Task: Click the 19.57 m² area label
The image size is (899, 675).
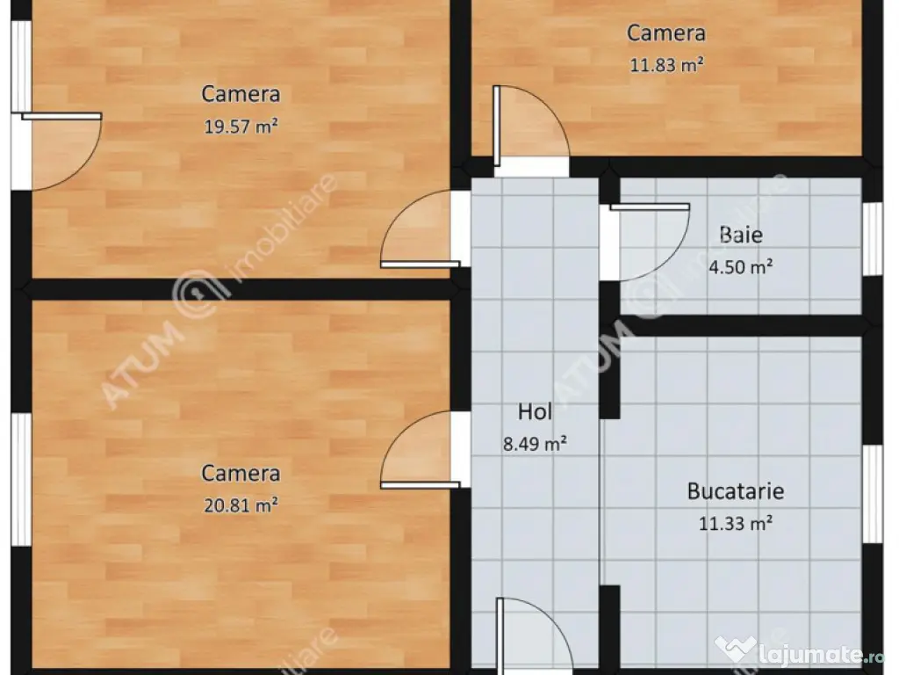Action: click(241, 126)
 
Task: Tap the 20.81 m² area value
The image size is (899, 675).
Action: click(241, 505)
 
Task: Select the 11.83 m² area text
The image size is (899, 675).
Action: click(667, 64)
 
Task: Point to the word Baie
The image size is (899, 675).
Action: click(741, 235)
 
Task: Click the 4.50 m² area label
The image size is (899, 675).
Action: click(741, 267)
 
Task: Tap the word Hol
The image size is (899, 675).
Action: click(535, 411)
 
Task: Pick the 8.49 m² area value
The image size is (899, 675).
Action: click(535, 443)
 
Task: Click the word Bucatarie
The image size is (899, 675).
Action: click(736, 491)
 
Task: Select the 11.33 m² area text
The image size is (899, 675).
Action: click(736, 524)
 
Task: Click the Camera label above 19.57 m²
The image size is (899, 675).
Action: click(241, 94)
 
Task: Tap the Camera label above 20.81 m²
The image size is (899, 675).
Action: click(241, 474)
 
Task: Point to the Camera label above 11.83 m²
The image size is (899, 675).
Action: click(666, 33)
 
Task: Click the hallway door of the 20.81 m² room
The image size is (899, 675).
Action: click(421, 450)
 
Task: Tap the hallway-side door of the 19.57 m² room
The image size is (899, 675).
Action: click(421, 229)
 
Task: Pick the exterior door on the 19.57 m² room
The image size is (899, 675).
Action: click(61, 151)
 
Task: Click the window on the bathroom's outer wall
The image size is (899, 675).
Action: click(872, 239)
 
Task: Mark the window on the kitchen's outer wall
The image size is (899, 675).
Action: click(872, 494)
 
